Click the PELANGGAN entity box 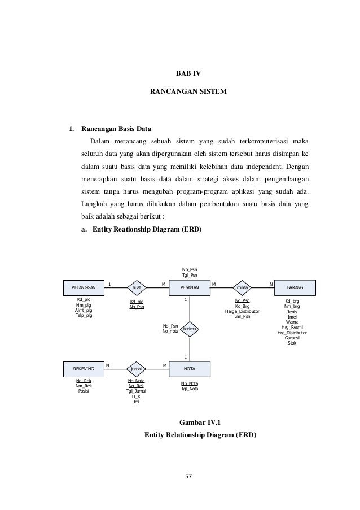click(84, 287)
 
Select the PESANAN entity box click(190, 287)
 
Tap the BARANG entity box click(295, 287)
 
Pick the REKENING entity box click(84, 369)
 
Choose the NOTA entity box click(190, 369)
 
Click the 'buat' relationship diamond click(137, 287)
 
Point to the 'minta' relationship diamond click(243, 287)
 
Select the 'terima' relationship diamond click(190, 329)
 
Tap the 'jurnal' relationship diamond click(137, 369)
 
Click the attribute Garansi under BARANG click(292, 338)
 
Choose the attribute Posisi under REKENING click(84, 391)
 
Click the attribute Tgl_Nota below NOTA click(190, 389)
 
